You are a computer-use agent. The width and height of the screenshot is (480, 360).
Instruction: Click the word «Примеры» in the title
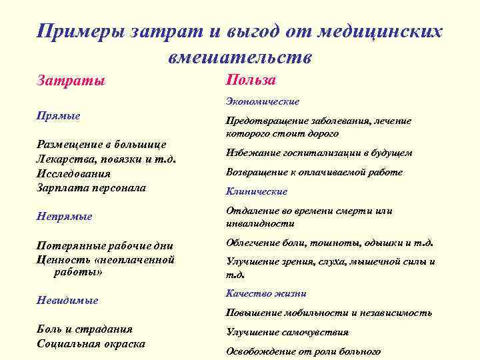[77, 32]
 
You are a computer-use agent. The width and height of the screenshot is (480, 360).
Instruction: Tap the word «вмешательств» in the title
[239, 57]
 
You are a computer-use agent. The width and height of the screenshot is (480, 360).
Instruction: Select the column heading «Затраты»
[70, 81]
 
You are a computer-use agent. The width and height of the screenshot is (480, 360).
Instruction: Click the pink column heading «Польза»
[251, 79]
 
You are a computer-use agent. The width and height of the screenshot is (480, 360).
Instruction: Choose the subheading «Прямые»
[58, 115]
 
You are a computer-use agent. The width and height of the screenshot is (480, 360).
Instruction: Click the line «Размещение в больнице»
[101, 144]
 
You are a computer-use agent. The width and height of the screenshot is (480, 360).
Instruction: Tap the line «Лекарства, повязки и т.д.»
[107, 159]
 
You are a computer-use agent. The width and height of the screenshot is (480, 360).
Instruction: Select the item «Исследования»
[73, 173]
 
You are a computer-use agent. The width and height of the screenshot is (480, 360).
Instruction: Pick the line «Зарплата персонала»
[91, 187]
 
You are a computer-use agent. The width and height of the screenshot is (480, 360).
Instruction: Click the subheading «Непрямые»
[64, 216]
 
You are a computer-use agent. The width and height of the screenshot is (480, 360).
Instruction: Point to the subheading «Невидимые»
[67, 300]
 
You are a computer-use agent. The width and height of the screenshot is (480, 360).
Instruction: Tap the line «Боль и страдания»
[84, 329]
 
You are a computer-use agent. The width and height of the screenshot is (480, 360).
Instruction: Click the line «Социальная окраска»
[91, 343]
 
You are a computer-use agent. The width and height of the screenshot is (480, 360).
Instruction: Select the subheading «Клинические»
[257, 191]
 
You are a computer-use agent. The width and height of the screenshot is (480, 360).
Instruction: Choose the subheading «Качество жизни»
[266, 293]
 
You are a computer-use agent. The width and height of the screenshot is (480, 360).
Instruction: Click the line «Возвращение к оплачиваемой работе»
[314, 172]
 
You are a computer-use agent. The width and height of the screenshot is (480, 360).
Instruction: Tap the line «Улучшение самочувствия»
[287, 332]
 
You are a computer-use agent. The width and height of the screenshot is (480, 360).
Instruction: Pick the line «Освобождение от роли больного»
[303, 351]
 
